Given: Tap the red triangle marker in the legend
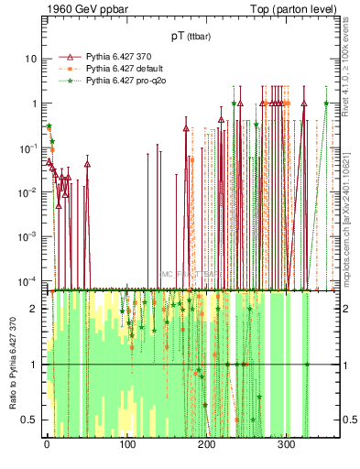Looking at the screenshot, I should tap(65, 56).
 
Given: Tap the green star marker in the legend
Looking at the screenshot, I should tap(65, 80).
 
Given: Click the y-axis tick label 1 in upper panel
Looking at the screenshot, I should tap(34, 103).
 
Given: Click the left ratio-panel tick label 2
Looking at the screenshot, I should tap(34, 308).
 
